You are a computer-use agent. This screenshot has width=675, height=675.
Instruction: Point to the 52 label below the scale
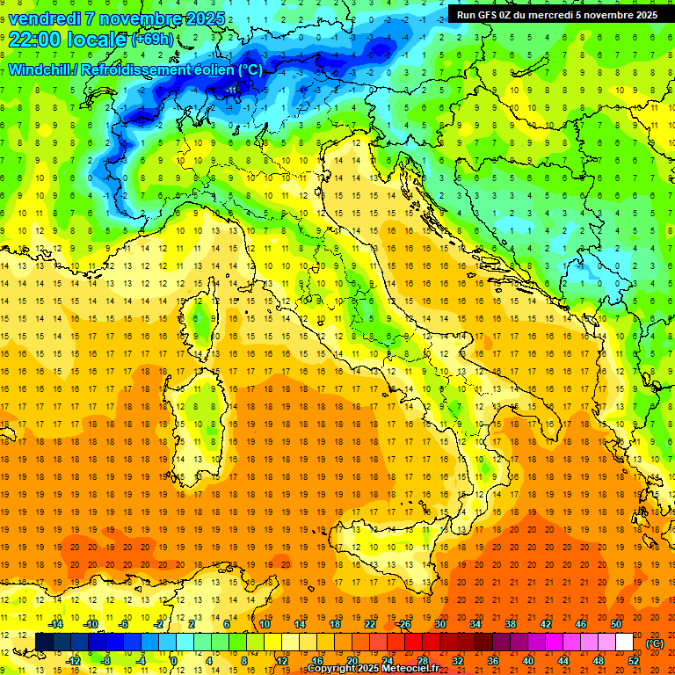633,661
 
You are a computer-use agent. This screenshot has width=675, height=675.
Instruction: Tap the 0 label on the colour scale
174,661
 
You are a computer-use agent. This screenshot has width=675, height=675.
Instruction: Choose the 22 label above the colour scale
369,624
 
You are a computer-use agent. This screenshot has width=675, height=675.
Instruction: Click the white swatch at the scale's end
624,642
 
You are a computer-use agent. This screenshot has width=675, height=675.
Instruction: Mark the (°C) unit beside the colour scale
655,643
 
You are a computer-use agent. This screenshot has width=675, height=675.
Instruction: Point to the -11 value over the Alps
232,89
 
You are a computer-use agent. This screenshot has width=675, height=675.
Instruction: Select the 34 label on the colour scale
475,624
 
